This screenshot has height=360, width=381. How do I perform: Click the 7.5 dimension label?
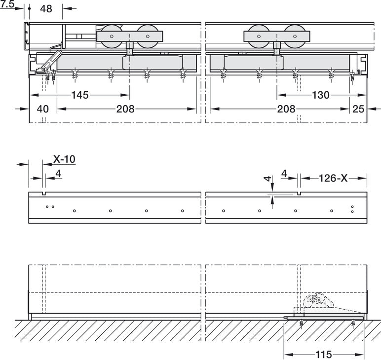[x=7, y=4]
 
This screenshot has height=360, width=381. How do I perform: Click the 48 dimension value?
[x=46, y=9]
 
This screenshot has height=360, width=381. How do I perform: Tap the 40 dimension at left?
[x=43, y=109]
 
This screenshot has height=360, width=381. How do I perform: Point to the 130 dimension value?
[x=321, y=95]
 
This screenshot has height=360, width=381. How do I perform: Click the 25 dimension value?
[x=359, y=109]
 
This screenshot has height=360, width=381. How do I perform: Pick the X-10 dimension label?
[x=64, y=159]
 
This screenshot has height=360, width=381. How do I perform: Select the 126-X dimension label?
[x=333, y=178]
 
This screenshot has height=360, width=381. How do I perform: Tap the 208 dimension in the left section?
[x=125, y=109]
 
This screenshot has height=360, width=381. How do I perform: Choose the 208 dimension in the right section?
[x=286, y=109]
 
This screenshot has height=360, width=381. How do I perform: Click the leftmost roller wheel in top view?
[x=112, y=36]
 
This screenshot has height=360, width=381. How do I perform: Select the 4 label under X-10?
[x=58, y=173]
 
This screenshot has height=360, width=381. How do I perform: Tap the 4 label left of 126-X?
[x=284, y=173]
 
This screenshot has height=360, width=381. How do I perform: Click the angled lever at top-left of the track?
[x=52, y=60]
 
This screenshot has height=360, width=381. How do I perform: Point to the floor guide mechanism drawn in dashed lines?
[x=316, y=302]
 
